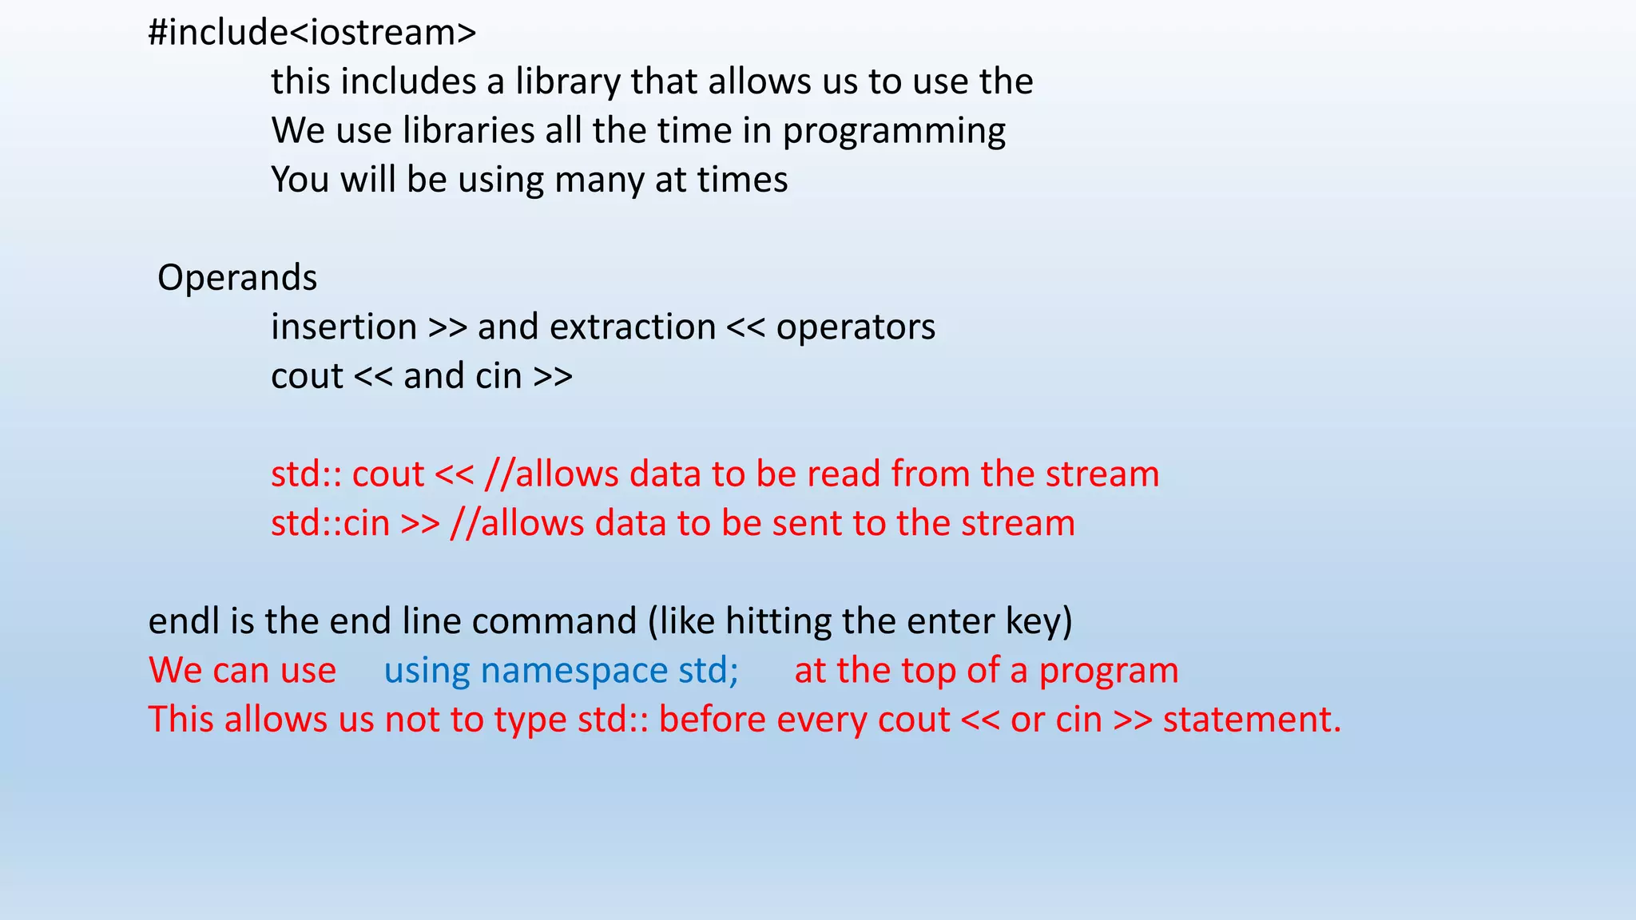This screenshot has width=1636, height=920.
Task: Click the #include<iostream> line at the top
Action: (x=312, y=33)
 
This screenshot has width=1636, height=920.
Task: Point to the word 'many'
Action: (x=599, y=180)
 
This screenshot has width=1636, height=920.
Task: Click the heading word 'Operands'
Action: (x=237, y=278)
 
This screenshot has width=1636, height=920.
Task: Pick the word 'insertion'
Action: (x=343, y=327)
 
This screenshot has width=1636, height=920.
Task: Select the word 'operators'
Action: (x=856, y=327)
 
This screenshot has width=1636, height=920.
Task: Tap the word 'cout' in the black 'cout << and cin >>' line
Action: (x=307, y=376)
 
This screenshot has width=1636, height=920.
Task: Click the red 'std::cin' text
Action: (x=330, y=524)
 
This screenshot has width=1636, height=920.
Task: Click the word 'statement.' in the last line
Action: (x=1252, y=720)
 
